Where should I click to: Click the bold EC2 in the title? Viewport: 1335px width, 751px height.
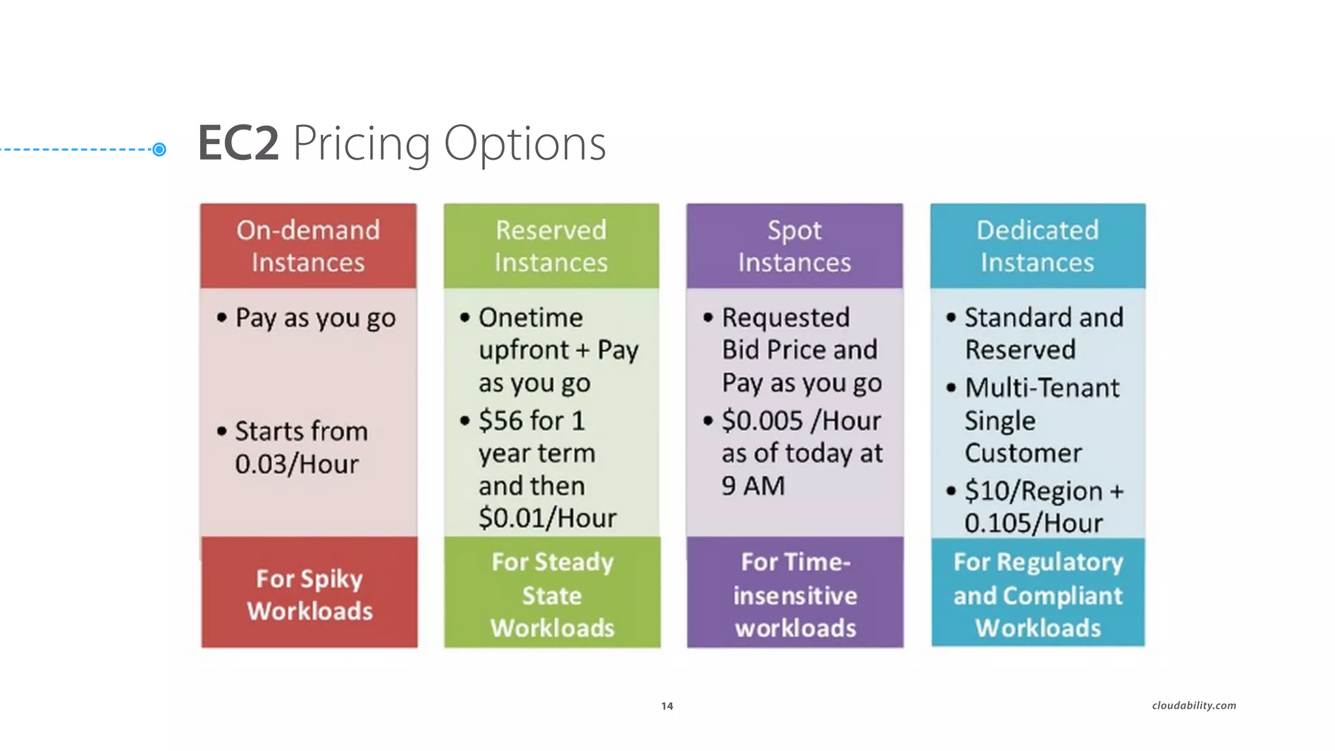pyautogui.click(x=239, y=143)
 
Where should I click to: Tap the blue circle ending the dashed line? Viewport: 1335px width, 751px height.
pyautogui.click(x=159, y=150)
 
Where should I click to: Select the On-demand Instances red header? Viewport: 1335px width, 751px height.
pyautogui.click(x=308, y=246)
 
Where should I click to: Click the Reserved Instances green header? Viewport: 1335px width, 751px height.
pyautogui.click(x=551, y=246)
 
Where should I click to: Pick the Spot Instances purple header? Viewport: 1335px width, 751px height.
pyautogui.click(x=795, y=246)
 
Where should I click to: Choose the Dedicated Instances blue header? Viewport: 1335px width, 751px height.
pyautogui.click(x=1038, y=246)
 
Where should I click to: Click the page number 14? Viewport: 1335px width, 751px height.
pyautogui.click(x=667, y=706)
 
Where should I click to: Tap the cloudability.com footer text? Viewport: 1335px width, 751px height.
pyautogui.click(x=1194, y=705)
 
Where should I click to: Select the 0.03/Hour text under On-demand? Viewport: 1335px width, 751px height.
pyautogui.click(x=297, y=464)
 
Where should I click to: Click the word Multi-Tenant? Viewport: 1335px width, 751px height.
pyautogui.click(x=1042, y=388)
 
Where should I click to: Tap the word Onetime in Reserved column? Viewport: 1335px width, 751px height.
pyautogui.click(x=531, y=318)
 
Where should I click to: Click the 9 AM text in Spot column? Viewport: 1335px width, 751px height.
pyautogui.click(x=753, y=486)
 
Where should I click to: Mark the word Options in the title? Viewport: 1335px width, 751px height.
pyautogui.click(x=525, y=143)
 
